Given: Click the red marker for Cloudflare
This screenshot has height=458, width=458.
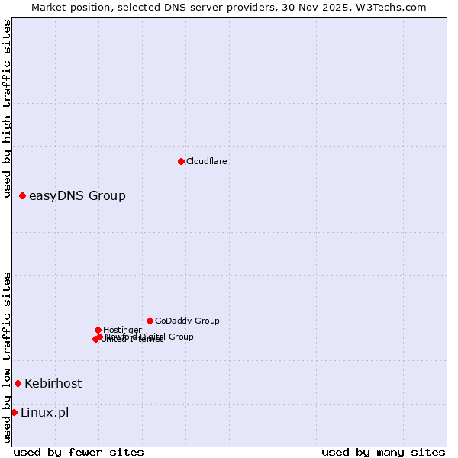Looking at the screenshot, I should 181,161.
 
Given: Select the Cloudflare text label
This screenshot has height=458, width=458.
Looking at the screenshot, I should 207,162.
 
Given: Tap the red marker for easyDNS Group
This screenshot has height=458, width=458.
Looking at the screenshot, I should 22,196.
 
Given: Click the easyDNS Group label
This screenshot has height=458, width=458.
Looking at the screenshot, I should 77,196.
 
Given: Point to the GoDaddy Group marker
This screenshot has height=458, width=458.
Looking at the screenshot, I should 150,321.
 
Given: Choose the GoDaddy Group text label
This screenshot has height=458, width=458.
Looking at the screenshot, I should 187,321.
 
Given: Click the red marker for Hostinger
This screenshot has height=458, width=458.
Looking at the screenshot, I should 98,330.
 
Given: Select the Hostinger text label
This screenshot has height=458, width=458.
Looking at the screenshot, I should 122,331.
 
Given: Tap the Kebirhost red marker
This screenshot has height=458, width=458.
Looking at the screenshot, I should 18,383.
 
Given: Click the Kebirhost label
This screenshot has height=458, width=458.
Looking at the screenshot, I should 53,384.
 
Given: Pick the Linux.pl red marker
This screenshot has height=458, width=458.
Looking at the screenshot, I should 14,412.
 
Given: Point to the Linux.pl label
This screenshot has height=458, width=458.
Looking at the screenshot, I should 44,413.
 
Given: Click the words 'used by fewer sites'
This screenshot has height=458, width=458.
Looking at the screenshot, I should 79,453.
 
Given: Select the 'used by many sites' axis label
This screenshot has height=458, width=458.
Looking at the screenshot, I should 383,453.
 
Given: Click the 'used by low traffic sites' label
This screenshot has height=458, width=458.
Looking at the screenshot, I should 7,357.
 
